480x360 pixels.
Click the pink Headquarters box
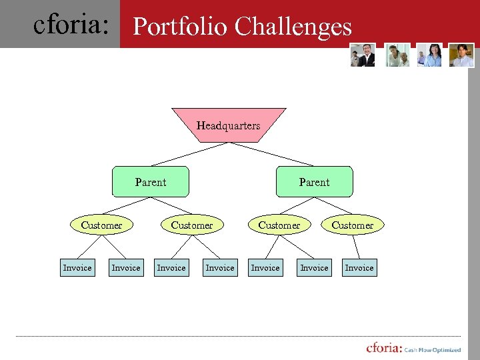coord(229,125)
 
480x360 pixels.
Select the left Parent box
coord(151,181)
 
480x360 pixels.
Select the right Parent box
coord(314,181)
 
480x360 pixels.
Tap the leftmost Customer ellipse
coord(101,225)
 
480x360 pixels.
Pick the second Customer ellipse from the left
coord(192,225)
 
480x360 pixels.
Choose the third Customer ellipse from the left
coord(279,225)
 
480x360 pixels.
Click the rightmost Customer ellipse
coord(353,225)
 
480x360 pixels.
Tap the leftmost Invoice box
coord(77,267)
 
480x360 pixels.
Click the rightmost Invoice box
coord(359,267)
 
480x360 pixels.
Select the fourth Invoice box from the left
coord(220,267)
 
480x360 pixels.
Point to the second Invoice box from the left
coord(126,267)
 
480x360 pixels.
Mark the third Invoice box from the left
coord(171,267)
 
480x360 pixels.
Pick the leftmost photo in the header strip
coord(363,55)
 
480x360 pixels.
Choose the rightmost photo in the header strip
coord(461,55)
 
